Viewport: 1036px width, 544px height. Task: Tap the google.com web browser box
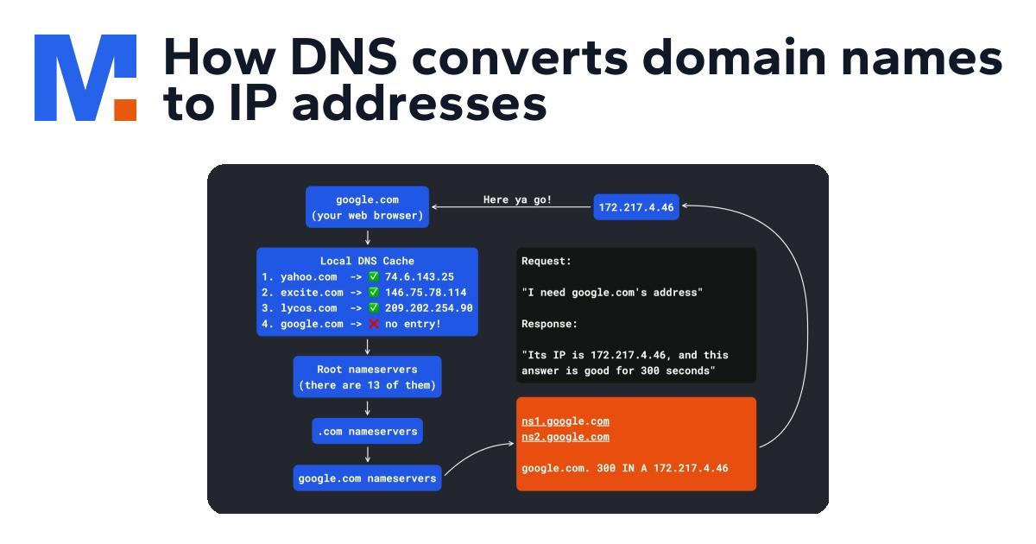367,207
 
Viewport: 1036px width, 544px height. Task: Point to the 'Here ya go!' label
517,200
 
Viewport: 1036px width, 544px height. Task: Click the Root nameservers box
367,376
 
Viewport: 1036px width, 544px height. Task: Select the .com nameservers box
367,431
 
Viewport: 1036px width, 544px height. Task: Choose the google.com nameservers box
367,478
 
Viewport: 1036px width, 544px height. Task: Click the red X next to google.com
373,324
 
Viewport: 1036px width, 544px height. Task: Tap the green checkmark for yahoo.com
373,277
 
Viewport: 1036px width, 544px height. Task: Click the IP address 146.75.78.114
426,293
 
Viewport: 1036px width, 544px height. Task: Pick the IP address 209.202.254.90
429,308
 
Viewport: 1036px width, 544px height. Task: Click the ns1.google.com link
565,421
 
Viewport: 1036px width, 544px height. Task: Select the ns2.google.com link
565,437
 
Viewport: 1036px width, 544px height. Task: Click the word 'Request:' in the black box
546,261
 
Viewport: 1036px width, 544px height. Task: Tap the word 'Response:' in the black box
550,324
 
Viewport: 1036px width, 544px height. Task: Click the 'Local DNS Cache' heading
367,261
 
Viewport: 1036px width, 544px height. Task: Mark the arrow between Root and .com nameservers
367,408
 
